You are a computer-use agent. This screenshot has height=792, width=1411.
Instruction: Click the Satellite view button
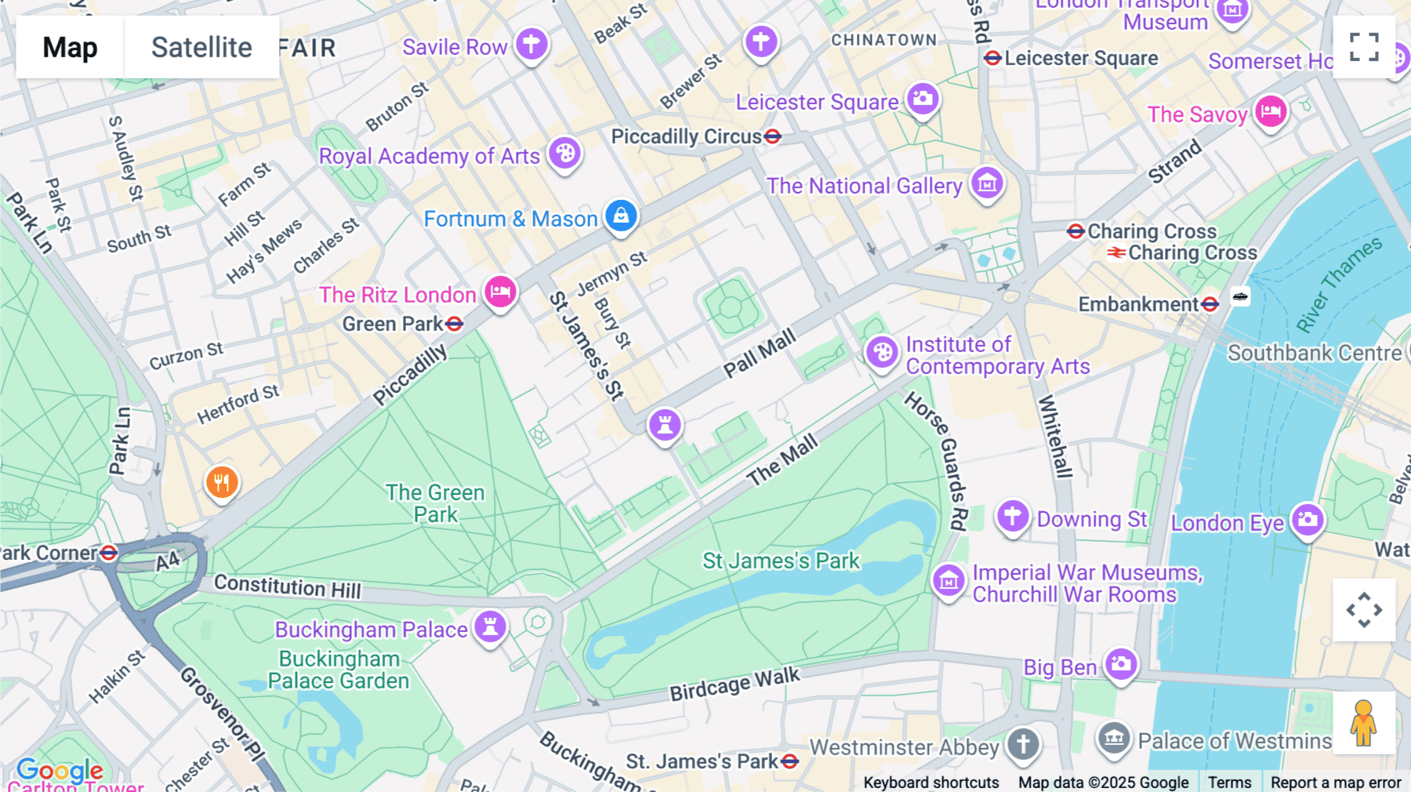tap(201, 47)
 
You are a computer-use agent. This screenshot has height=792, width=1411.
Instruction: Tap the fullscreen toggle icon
tap(1364, 47)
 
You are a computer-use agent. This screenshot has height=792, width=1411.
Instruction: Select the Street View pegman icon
tap(1363, 723)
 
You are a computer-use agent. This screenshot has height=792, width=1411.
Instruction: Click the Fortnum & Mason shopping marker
tap(621, 215)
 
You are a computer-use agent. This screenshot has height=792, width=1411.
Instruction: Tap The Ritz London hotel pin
tap(500, 292)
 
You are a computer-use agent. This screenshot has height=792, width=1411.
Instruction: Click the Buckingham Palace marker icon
tap(491, 627)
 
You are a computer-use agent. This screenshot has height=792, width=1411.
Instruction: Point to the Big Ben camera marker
tap(1121, 664)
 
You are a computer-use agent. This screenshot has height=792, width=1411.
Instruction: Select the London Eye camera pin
tap(1307, 519)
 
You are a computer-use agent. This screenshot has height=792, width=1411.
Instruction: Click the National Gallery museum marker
tap(987, 183)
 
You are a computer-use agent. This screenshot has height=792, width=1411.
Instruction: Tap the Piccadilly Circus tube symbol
tap(773, 136)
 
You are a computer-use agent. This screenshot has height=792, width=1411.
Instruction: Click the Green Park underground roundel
tap(454, 324)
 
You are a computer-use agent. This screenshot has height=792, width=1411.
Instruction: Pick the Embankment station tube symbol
tap(1210, 304)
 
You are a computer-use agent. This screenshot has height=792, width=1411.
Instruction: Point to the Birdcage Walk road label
tap(735, 684)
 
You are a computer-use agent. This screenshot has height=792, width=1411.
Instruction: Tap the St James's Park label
tap(781, 561)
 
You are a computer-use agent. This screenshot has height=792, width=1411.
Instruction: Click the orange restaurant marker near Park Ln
tap(222, 482)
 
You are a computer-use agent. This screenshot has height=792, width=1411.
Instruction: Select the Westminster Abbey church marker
tap(1023, 743)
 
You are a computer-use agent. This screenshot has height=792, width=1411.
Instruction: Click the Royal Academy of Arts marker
tap(564, 152)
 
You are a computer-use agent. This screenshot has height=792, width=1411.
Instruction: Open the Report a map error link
tap(1336, 782)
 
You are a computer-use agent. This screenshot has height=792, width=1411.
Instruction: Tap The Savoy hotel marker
tap(1271, 111)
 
